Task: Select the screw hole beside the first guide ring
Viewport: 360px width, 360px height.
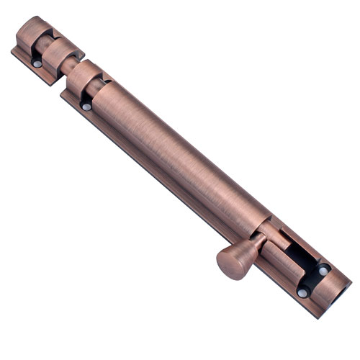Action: coord(87,107)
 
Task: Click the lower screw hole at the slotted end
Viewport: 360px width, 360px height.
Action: coord(303,293)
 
